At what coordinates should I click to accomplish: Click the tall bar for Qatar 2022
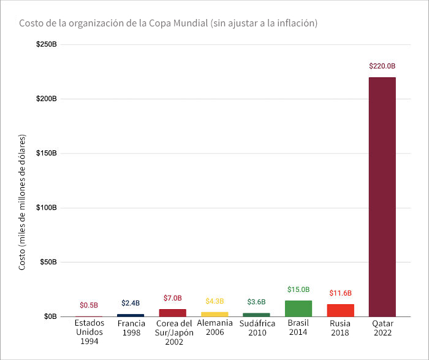pos(382,196)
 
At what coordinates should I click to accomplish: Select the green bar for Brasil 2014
pos(298,308)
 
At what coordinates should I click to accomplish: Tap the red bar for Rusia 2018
pos(340,310)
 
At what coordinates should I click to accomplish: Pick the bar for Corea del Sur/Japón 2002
pos(173,313)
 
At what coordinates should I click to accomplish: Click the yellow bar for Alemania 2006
pos(214,314)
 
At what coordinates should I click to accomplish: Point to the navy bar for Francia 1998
pos(131,315)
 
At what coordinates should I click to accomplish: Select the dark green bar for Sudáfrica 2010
pos(256,315)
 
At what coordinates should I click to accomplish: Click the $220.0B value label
pos(382,66)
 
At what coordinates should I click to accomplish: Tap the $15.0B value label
pos(298,289)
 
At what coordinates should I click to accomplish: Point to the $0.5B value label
pos(89,305)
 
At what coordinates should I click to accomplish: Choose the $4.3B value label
pos(214,301)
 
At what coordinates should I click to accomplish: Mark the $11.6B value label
pos(340,293)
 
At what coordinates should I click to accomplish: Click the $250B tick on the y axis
pos(47,44)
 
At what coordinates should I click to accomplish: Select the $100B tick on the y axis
pos(47,208)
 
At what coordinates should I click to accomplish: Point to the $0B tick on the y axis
pos(50,316)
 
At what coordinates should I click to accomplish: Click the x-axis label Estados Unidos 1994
pos(89,332)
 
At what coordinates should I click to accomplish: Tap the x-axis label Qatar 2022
pos(382,328)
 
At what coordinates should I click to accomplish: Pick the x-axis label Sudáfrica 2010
pos(256,328)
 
